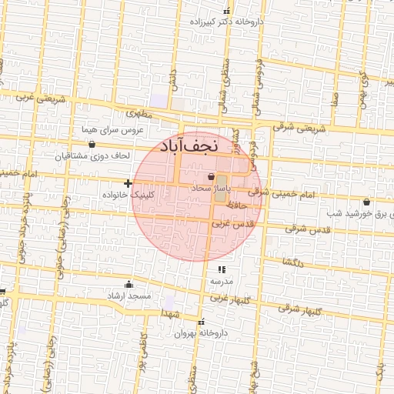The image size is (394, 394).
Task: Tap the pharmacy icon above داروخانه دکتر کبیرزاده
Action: (226, 12)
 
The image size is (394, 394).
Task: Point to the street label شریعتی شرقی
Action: (299, 129)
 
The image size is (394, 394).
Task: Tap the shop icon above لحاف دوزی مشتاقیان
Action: (92, 144)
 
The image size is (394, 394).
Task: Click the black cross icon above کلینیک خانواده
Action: (128, 183)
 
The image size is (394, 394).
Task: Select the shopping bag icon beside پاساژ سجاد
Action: (211, 177)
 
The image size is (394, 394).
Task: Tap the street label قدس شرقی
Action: (307, 229)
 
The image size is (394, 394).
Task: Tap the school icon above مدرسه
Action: (222, 269)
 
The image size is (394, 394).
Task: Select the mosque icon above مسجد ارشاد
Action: (128, 284)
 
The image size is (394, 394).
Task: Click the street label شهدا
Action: (171, 314)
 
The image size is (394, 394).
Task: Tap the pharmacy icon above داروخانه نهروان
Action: (202, 322)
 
